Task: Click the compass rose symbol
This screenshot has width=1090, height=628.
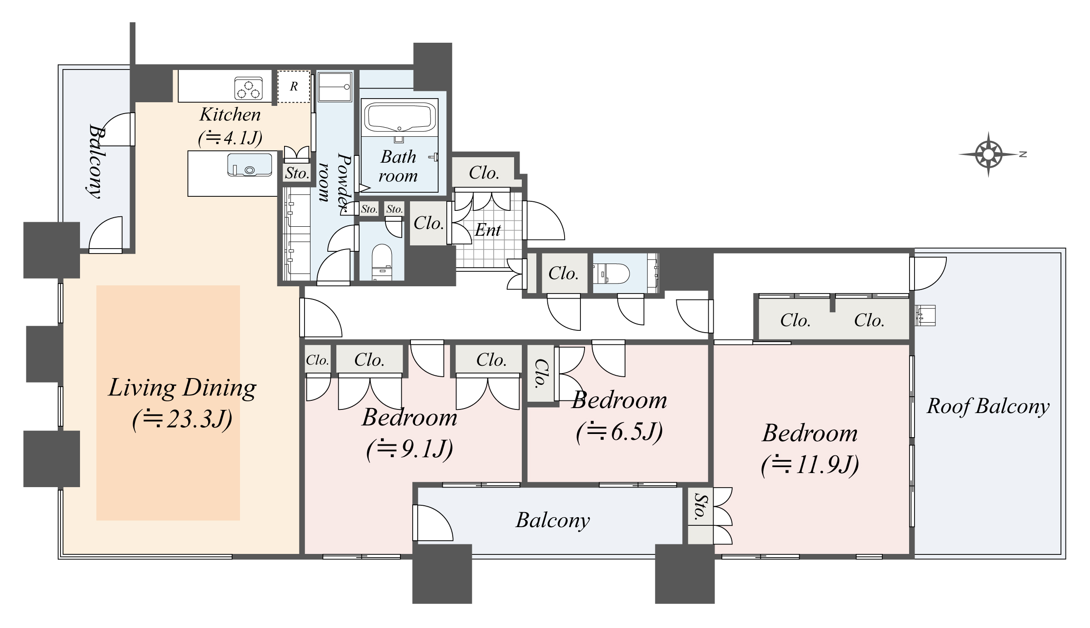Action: (988, 155)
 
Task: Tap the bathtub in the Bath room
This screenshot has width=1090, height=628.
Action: (400, 118)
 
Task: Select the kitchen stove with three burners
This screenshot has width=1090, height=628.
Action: (249, 88)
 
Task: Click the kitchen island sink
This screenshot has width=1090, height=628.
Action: (250, 165)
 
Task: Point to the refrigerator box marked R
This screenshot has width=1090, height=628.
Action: (294, 86)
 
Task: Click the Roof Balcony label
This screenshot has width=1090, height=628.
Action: (988, 406)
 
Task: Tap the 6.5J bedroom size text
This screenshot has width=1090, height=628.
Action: (619, 432)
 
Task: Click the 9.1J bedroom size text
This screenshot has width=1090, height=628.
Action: (410, 449)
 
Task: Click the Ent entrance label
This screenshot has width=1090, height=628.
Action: (487, 230)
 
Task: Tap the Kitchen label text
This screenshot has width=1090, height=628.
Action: (230, 115)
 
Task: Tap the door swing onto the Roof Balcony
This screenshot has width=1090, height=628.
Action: (927, 273)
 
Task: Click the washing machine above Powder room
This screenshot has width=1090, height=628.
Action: (335, 86)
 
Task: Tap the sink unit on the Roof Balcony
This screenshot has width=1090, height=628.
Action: (925, 315)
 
